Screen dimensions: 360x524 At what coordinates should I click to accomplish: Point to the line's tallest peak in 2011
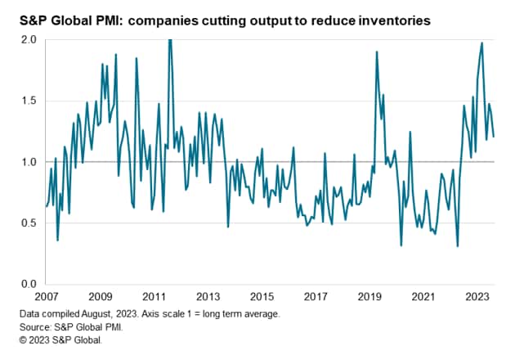(x=169, y=40)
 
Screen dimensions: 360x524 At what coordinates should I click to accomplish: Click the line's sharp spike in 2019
(x=376, y=52)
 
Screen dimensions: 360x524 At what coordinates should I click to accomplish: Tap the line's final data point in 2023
(x=494, y=137)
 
